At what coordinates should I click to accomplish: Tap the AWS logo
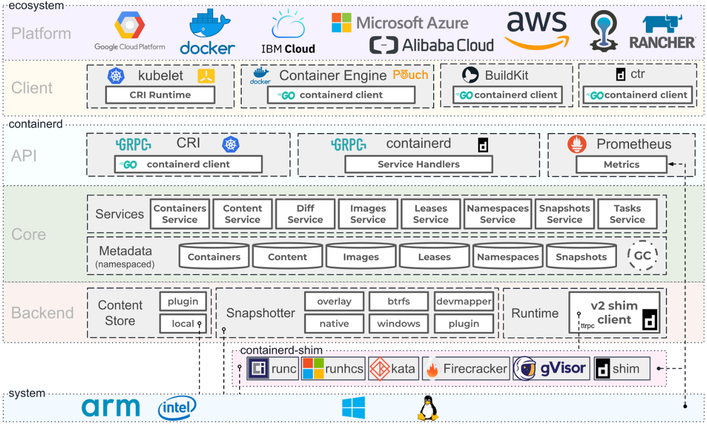(x=537, y=31)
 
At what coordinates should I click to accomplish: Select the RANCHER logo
(x=662, y=32)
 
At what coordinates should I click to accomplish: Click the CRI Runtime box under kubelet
(x=160, y=95)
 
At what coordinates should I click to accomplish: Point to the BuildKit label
(x=507, y=75)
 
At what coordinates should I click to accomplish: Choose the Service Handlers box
(x=418, y=164)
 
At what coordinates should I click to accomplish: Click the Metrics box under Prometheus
(x=621, y=164)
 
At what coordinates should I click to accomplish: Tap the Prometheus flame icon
(x=577, y=144)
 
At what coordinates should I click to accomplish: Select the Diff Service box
(x=305, y=214)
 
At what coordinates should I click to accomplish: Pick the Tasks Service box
(x=627, y=214)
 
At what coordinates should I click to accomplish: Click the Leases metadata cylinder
(x=434, y=257)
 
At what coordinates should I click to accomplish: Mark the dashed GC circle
(x=642, y=256)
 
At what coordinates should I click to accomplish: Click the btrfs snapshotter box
(x=398, y=301)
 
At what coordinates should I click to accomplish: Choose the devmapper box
(x=463, y=301)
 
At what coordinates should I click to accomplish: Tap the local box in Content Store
(x=182, y=323)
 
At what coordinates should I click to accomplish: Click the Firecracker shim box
(x=466, y=369)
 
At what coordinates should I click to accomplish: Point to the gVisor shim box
(x=551, y=369)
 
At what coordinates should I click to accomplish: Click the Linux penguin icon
(x=428, y=408)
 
